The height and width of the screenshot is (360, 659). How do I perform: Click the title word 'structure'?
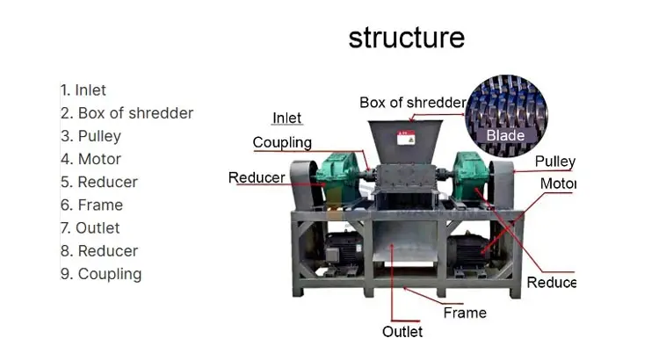pos(406,38)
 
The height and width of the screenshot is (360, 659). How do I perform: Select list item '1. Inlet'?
pos(83,90)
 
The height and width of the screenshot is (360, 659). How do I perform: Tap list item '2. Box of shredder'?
pos(127,113)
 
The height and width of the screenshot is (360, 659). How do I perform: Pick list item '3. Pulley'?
pos(91,136)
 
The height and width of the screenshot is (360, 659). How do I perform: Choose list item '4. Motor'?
pos(91,159)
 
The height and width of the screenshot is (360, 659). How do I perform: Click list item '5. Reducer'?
pos(98,182)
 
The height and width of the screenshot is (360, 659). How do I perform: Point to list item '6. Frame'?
pos(91,205)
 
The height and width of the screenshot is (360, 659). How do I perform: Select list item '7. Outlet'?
pos(90,227)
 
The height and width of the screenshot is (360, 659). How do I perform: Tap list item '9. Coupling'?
pos(101,274)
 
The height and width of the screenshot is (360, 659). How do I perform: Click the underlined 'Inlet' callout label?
pos(287,119)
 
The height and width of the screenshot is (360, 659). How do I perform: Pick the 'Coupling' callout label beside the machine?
pos(282,142)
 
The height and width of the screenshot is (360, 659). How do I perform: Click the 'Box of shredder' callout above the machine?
pos(412,103)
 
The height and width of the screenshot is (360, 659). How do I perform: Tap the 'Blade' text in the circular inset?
pos(505,135)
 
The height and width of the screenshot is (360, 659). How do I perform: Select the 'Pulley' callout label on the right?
pos(554,162)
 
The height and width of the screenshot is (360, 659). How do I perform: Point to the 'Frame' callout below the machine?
pos(465,312)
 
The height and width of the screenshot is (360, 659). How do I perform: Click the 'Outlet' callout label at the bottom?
pos(402,332)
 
